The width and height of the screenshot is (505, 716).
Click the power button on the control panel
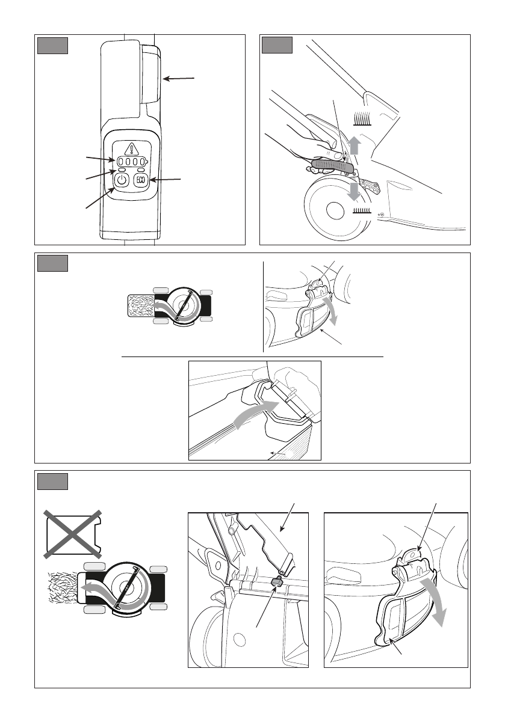121,180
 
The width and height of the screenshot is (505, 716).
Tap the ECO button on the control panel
141,180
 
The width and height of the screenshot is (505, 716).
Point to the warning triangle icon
132,148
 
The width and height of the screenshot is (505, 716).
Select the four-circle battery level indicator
132,162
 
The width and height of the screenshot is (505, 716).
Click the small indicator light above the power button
122,170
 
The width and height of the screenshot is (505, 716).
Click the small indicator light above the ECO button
141,170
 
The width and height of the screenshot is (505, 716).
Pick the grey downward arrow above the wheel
353,191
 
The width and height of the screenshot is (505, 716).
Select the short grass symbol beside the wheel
362,210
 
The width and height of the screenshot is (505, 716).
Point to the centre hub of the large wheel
335,210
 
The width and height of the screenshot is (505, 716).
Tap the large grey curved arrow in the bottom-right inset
434,602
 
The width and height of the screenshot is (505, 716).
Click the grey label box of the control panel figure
52,46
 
